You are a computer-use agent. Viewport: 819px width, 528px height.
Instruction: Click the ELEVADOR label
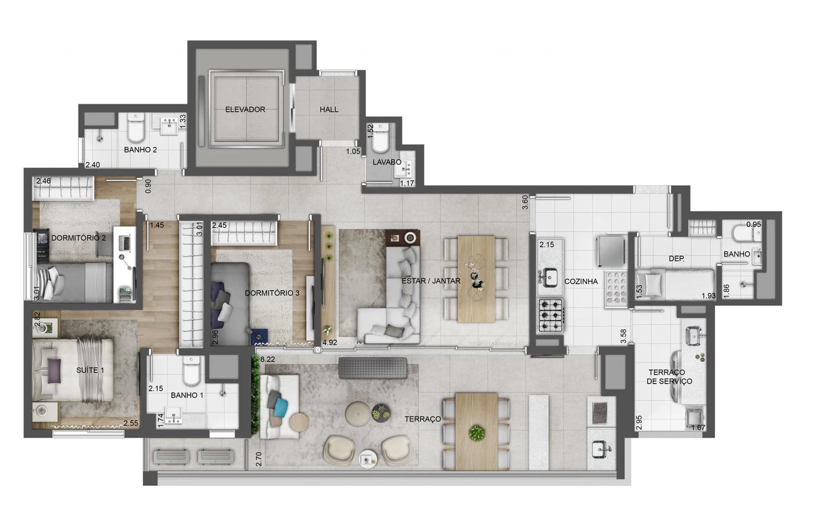point(245,110)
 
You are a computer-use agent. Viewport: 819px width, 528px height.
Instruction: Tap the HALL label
point(329,110)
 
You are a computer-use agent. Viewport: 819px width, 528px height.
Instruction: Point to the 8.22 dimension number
point(268,359)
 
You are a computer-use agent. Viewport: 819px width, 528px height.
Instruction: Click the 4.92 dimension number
point(329,342)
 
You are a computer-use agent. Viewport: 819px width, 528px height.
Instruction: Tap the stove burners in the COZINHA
point(550,315)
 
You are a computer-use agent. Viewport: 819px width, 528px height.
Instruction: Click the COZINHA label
point(581,281)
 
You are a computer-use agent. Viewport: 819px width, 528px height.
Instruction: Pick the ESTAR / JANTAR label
point(431,281)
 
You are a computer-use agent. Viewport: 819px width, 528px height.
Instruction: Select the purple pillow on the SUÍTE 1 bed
point(54,366)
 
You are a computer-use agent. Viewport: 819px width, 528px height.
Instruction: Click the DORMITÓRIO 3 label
point(272,293)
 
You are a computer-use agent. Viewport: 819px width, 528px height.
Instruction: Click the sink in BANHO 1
point(173,415)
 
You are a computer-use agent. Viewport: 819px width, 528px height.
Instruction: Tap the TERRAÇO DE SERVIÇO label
point(669,377)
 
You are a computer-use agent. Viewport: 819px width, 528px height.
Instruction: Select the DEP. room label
point(676,259)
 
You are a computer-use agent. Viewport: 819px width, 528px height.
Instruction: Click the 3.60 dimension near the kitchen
point(525,202)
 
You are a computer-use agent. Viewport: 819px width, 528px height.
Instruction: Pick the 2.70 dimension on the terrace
point(258,459)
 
